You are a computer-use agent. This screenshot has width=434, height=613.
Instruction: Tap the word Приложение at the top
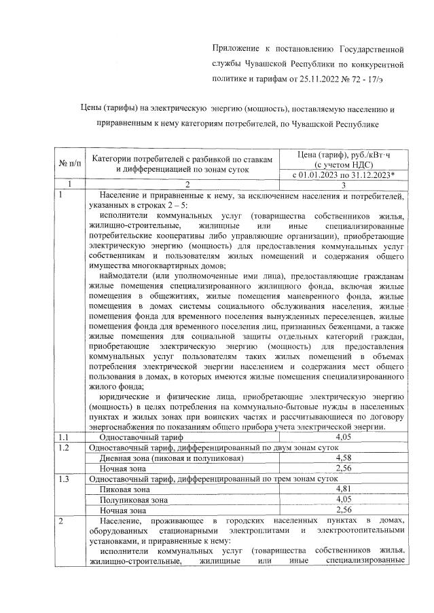(x=235, y=49)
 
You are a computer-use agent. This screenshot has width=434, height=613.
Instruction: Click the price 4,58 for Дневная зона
(x=343, y=458)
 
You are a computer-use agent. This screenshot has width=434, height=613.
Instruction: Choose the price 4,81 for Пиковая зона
(x=343, y=489)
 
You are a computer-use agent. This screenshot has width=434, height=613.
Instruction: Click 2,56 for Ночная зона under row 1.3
(x=343, y=509)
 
